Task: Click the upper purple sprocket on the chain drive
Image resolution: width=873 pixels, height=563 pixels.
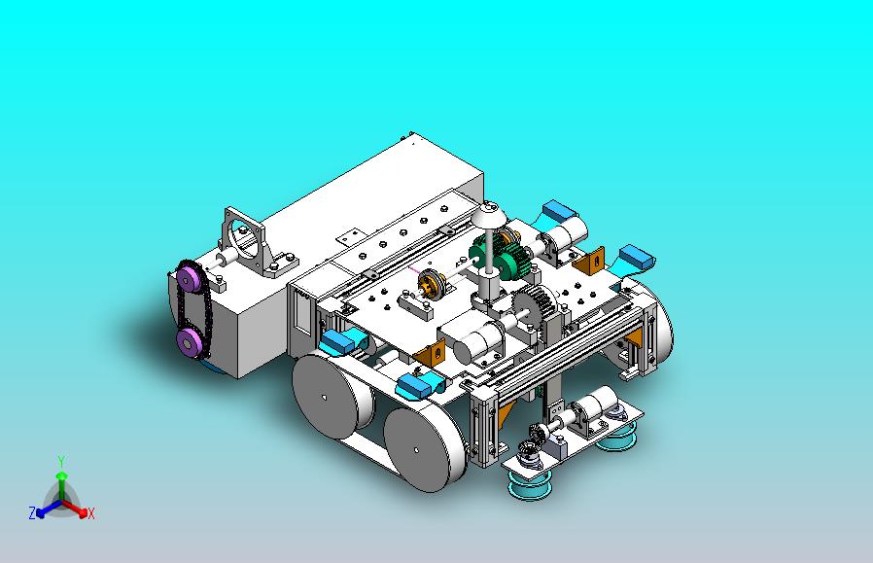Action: click(190, 277)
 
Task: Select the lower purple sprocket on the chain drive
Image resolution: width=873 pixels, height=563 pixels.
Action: click(190, 340)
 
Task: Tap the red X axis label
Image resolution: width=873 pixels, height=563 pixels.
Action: click(90, 513)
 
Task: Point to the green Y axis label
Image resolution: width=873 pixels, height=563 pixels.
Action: click(61, 461)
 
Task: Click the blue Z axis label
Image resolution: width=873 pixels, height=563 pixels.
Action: click(32, 512)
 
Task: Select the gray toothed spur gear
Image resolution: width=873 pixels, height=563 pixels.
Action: click(535, 307)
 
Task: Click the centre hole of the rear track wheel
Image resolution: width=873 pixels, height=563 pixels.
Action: click(325, 398)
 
